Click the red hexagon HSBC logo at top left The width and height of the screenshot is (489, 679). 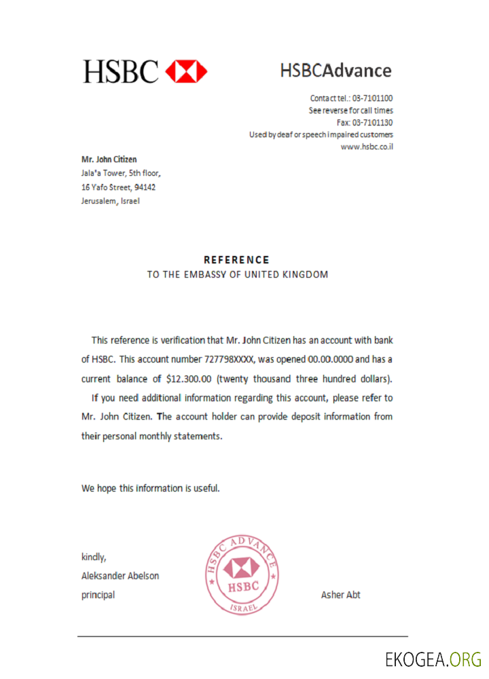click(x=186, y=71)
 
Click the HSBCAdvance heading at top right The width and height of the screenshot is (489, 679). click(x=336, y=70)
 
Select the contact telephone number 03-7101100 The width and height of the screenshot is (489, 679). click(x=372, y=98)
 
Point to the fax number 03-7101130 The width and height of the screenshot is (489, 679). click(x=372, y=123)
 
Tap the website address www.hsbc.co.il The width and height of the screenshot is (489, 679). click(x=367, y=147)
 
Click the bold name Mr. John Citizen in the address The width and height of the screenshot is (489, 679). click(x=109, y=160)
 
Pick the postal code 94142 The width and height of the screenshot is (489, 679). click(x=153, y=187)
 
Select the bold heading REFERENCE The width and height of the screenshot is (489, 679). click(x=237, y=260)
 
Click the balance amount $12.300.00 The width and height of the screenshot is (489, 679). click(x=189, y=378)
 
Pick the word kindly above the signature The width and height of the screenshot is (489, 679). click(x=94, y=557)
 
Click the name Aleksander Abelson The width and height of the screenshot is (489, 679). click(x=120, y=576)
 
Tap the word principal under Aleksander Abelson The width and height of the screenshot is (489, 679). click(x=98, y=595)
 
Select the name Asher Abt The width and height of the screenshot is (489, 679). click(x=340, y=595)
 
